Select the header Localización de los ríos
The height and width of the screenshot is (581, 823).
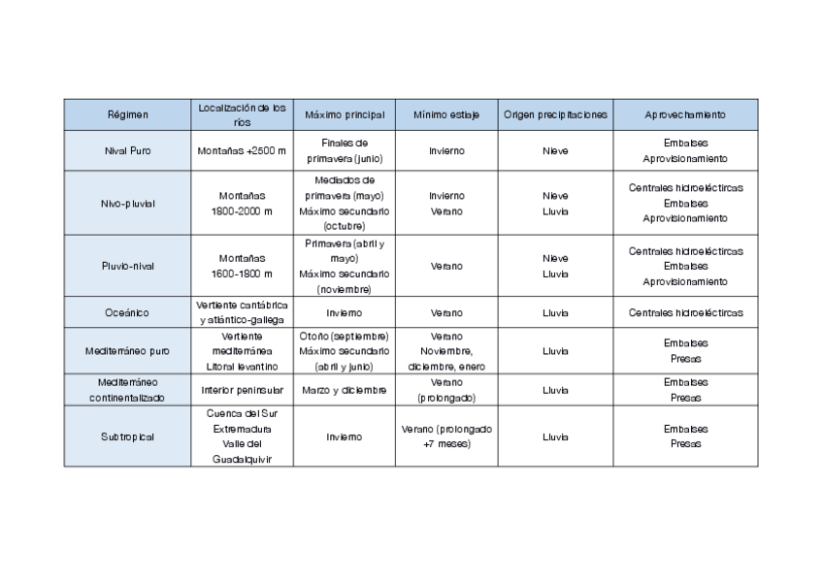242,114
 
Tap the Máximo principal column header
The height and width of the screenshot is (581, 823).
344,114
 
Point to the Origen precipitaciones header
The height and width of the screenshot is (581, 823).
555,114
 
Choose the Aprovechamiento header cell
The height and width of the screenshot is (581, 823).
684,114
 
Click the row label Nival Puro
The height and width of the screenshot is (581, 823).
127,150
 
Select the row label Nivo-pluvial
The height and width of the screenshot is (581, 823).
127,204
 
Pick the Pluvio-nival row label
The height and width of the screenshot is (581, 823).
127,266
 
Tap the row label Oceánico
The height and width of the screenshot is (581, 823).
127,313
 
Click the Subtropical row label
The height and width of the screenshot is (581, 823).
127,436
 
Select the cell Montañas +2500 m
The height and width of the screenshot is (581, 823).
242,150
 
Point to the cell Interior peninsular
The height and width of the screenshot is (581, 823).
242,390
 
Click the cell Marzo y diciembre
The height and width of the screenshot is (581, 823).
344,390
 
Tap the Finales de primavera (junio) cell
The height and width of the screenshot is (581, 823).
344,150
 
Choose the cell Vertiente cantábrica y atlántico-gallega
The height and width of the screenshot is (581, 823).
242,313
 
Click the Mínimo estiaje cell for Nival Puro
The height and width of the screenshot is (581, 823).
446,150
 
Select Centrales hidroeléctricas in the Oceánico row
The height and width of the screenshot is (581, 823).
685,313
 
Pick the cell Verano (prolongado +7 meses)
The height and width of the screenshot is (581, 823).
446,436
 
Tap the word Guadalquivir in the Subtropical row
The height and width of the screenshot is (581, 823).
242,460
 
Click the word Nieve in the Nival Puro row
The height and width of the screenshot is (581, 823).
555,150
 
